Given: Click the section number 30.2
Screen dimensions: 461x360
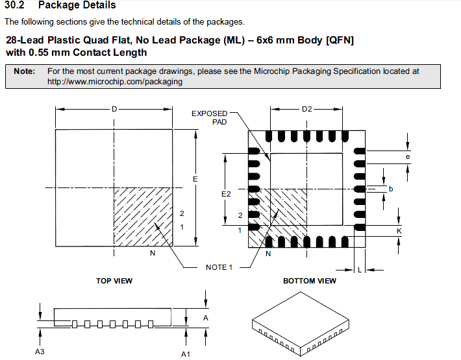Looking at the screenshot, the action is [x=14, y=5].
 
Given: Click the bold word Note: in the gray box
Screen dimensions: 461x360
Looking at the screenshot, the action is [x=25, y=71].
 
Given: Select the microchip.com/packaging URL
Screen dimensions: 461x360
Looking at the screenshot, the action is [x=115, y=82].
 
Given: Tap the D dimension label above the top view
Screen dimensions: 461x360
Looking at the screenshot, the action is [x=114, y=109].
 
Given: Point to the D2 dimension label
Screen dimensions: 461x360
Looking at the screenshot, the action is [x=306, y=109].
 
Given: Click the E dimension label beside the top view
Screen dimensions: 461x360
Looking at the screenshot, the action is [x=195, y=179].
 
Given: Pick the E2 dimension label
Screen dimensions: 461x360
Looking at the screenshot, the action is [x=226, y=194].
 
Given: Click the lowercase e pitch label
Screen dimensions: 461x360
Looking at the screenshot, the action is [x=408, y=157].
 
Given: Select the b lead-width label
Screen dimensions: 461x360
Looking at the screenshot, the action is [x=391, y=189].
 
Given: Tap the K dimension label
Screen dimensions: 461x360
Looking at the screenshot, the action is [x=399, y=231].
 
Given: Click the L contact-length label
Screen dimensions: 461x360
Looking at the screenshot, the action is [x=360, y=270].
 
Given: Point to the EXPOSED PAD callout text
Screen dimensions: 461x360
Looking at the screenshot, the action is [x=209, y=118].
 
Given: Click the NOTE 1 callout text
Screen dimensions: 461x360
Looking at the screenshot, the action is [x=219, y=267].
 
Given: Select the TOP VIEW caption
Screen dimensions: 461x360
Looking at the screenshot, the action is [x=114, y=281].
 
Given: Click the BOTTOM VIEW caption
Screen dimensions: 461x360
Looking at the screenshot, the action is [x=310, y=281].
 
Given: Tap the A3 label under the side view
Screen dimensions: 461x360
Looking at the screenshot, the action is [x=40, y=352].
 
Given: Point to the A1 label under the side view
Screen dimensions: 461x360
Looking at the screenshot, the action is [x=186, y=354].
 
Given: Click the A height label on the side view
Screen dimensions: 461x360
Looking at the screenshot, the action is [x=206, y=318].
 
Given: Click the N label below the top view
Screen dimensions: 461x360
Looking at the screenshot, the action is [x=153, y=253].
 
